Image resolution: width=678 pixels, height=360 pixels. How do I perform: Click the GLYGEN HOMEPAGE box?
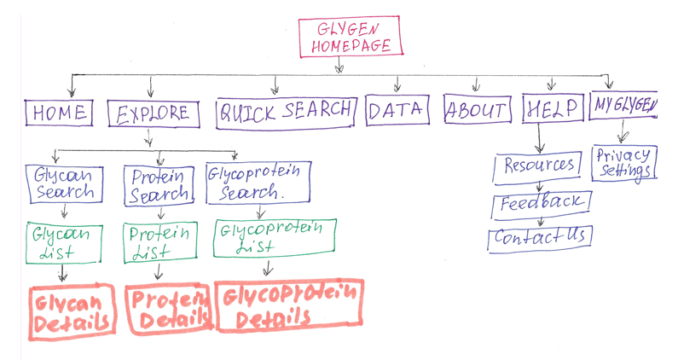click(349, 37)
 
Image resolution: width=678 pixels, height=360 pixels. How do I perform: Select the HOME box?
click(58, 112)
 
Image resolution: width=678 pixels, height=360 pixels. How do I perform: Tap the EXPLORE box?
click(154, 113)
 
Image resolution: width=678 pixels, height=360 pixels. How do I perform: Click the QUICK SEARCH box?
click(285, 111)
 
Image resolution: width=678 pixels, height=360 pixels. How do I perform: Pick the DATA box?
click(395, 110)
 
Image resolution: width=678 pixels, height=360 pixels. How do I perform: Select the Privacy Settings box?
click(623, 163)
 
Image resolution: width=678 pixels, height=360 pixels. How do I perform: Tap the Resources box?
click(538, 165)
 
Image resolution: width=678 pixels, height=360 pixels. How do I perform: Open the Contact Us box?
click(540, 236)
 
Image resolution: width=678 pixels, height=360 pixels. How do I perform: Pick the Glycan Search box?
click(64, 183)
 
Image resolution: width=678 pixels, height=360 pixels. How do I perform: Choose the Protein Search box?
click(159, 186)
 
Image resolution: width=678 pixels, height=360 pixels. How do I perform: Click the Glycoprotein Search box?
click(255, 183)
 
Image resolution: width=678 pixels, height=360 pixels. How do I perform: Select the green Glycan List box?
click(65, 242)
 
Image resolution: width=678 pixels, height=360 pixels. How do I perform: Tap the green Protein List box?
click(156, 242)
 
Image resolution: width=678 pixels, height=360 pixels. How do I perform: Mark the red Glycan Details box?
click(72, 311)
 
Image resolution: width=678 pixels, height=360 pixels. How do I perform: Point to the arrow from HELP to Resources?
click(539, 138)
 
